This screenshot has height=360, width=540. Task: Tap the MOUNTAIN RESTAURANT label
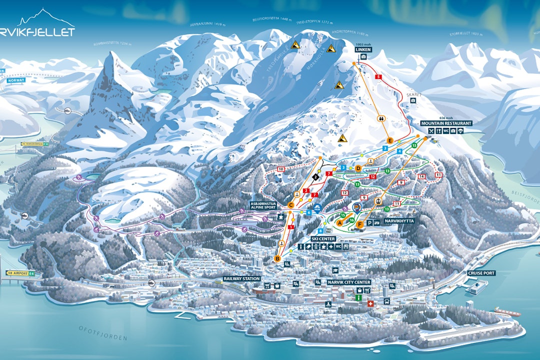446,123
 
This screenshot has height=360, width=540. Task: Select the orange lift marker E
390,140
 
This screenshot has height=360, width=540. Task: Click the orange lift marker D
358,168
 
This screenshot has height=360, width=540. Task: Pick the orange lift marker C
291,204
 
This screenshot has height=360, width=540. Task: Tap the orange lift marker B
277,258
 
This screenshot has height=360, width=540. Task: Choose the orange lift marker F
360,225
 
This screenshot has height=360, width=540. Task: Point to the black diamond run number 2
315,176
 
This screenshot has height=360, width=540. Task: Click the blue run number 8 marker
321,230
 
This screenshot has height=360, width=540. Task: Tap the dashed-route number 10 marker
280,169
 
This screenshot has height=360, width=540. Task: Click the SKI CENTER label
323,239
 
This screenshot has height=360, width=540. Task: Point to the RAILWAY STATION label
241,278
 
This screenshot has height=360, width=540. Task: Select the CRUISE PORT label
481,273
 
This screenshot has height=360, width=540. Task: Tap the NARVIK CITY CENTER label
349,282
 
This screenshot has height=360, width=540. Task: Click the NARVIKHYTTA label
399,220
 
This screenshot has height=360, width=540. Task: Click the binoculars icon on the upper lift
380,118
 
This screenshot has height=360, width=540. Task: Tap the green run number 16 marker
352,219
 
